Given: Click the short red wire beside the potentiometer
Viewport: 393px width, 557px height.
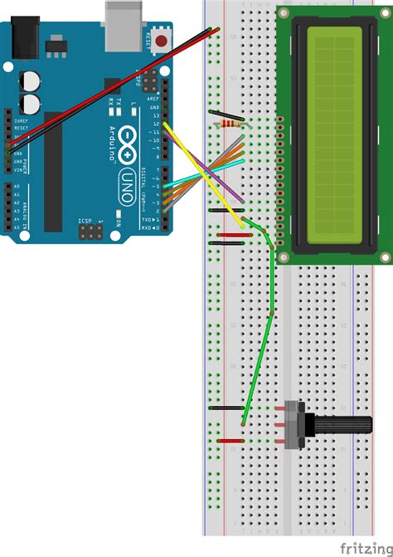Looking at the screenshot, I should pos(230,440).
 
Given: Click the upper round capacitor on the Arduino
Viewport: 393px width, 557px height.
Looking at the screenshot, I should pos(30,81).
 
